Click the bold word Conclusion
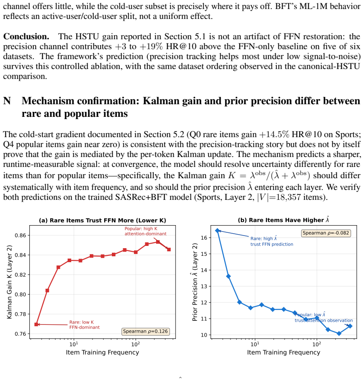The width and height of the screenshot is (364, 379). pos(26,37)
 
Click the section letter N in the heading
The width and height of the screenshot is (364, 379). pos(7,101)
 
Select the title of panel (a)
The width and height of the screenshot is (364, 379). pos(102,221)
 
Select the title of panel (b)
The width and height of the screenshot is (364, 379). pos(284,220)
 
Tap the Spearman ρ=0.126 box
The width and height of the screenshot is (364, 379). pos(145,331)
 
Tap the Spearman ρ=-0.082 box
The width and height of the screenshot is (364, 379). pos(326,233)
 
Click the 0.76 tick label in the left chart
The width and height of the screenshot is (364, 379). pos(21,334)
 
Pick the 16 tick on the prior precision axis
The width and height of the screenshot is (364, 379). pos(204,238)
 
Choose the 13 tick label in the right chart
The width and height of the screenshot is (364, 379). pos(204,287)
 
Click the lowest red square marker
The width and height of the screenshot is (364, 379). pos(36,324)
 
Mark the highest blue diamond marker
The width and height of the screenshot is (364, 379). pos(217,231)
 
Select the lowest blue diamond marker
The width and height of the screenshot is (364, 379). pos(339,333)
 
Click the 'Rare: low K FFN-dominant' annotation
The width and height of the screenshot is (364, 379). pos(84,325)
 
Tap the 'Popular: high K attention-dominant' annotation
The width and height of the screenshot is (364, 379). pos(145,231)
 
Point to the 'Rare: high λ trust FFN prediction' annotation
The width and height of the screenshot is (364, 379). pos(272,241)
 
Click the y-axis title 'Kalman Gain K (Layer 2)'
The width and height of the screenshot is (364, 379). pos(9,282)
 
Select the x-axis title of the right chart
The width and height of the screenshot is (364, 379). pos(284,352)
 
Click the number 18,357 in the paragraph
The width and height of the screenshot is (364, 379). pos(288,197)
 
